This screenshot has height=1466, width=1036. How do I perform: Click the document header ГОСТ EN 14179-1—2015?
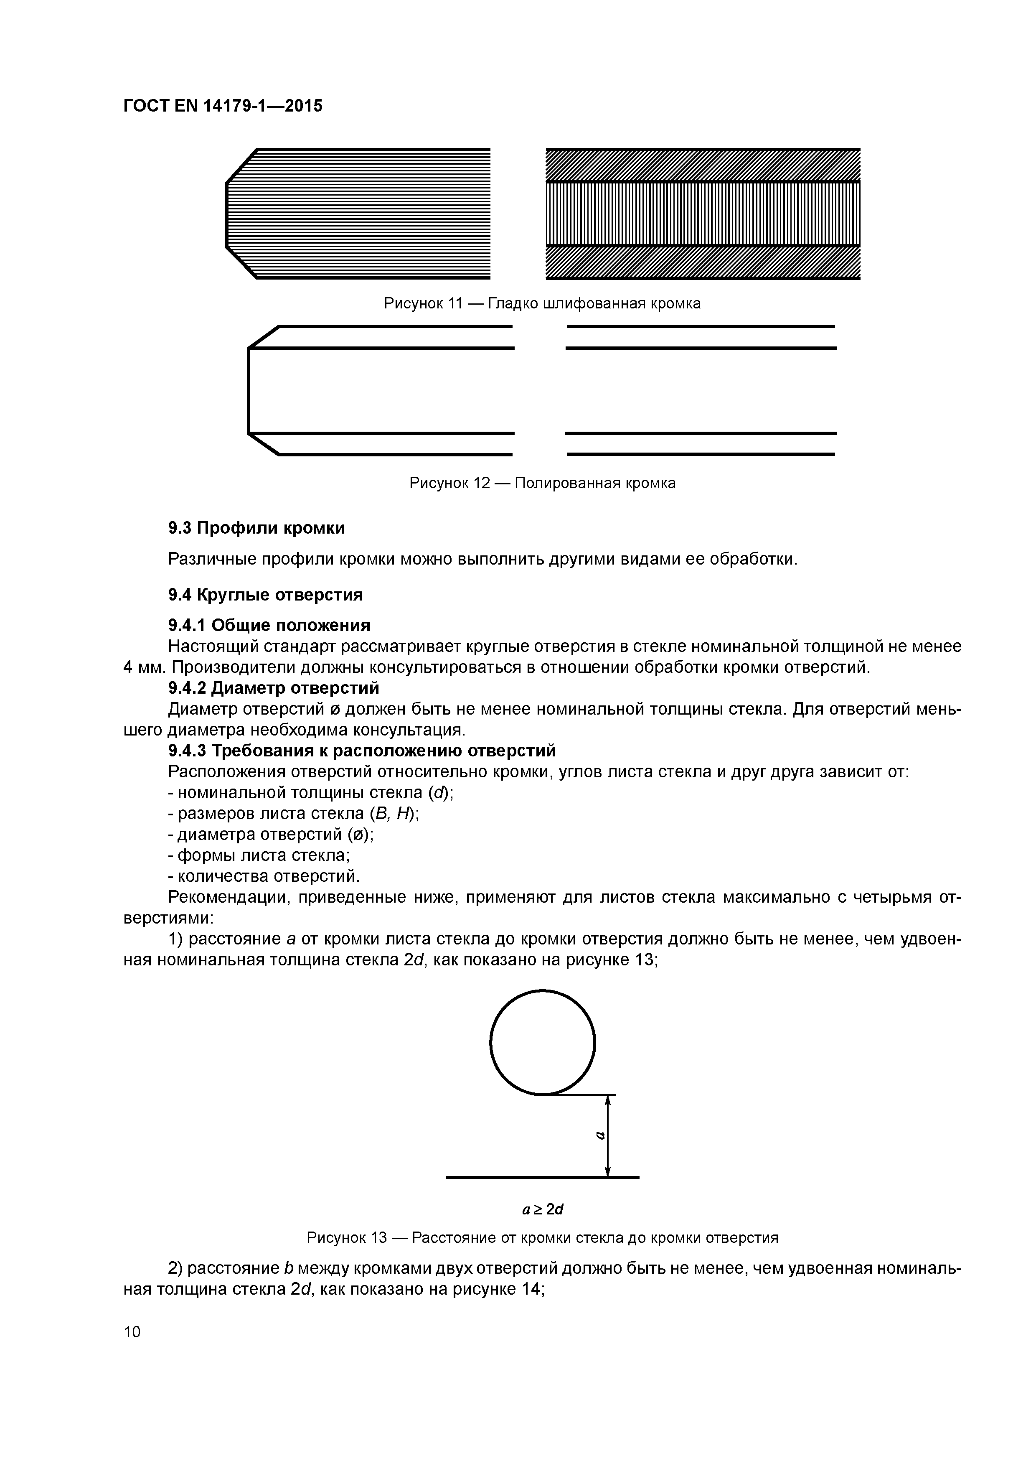(x=223, y=106)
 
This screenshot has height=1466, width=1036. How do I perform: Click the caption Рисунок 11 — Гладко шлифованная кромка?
(x=542, y=303)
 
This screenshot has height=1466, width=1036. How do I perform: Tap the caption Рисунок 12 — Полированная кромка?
(x=542, y=484)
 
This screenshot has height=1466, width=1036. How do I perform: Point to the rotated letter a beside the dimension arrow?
(x=599, y=1135)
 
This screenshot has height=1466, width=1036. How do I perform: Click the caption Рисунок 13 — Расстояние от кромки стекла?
(x=542, y=1238)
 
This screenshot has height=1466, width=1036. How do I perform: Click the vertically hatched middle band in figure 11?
(x=702, y=213)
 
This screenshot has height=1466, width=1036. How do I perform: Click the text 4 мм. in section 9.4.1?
(x=144, y=667)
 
